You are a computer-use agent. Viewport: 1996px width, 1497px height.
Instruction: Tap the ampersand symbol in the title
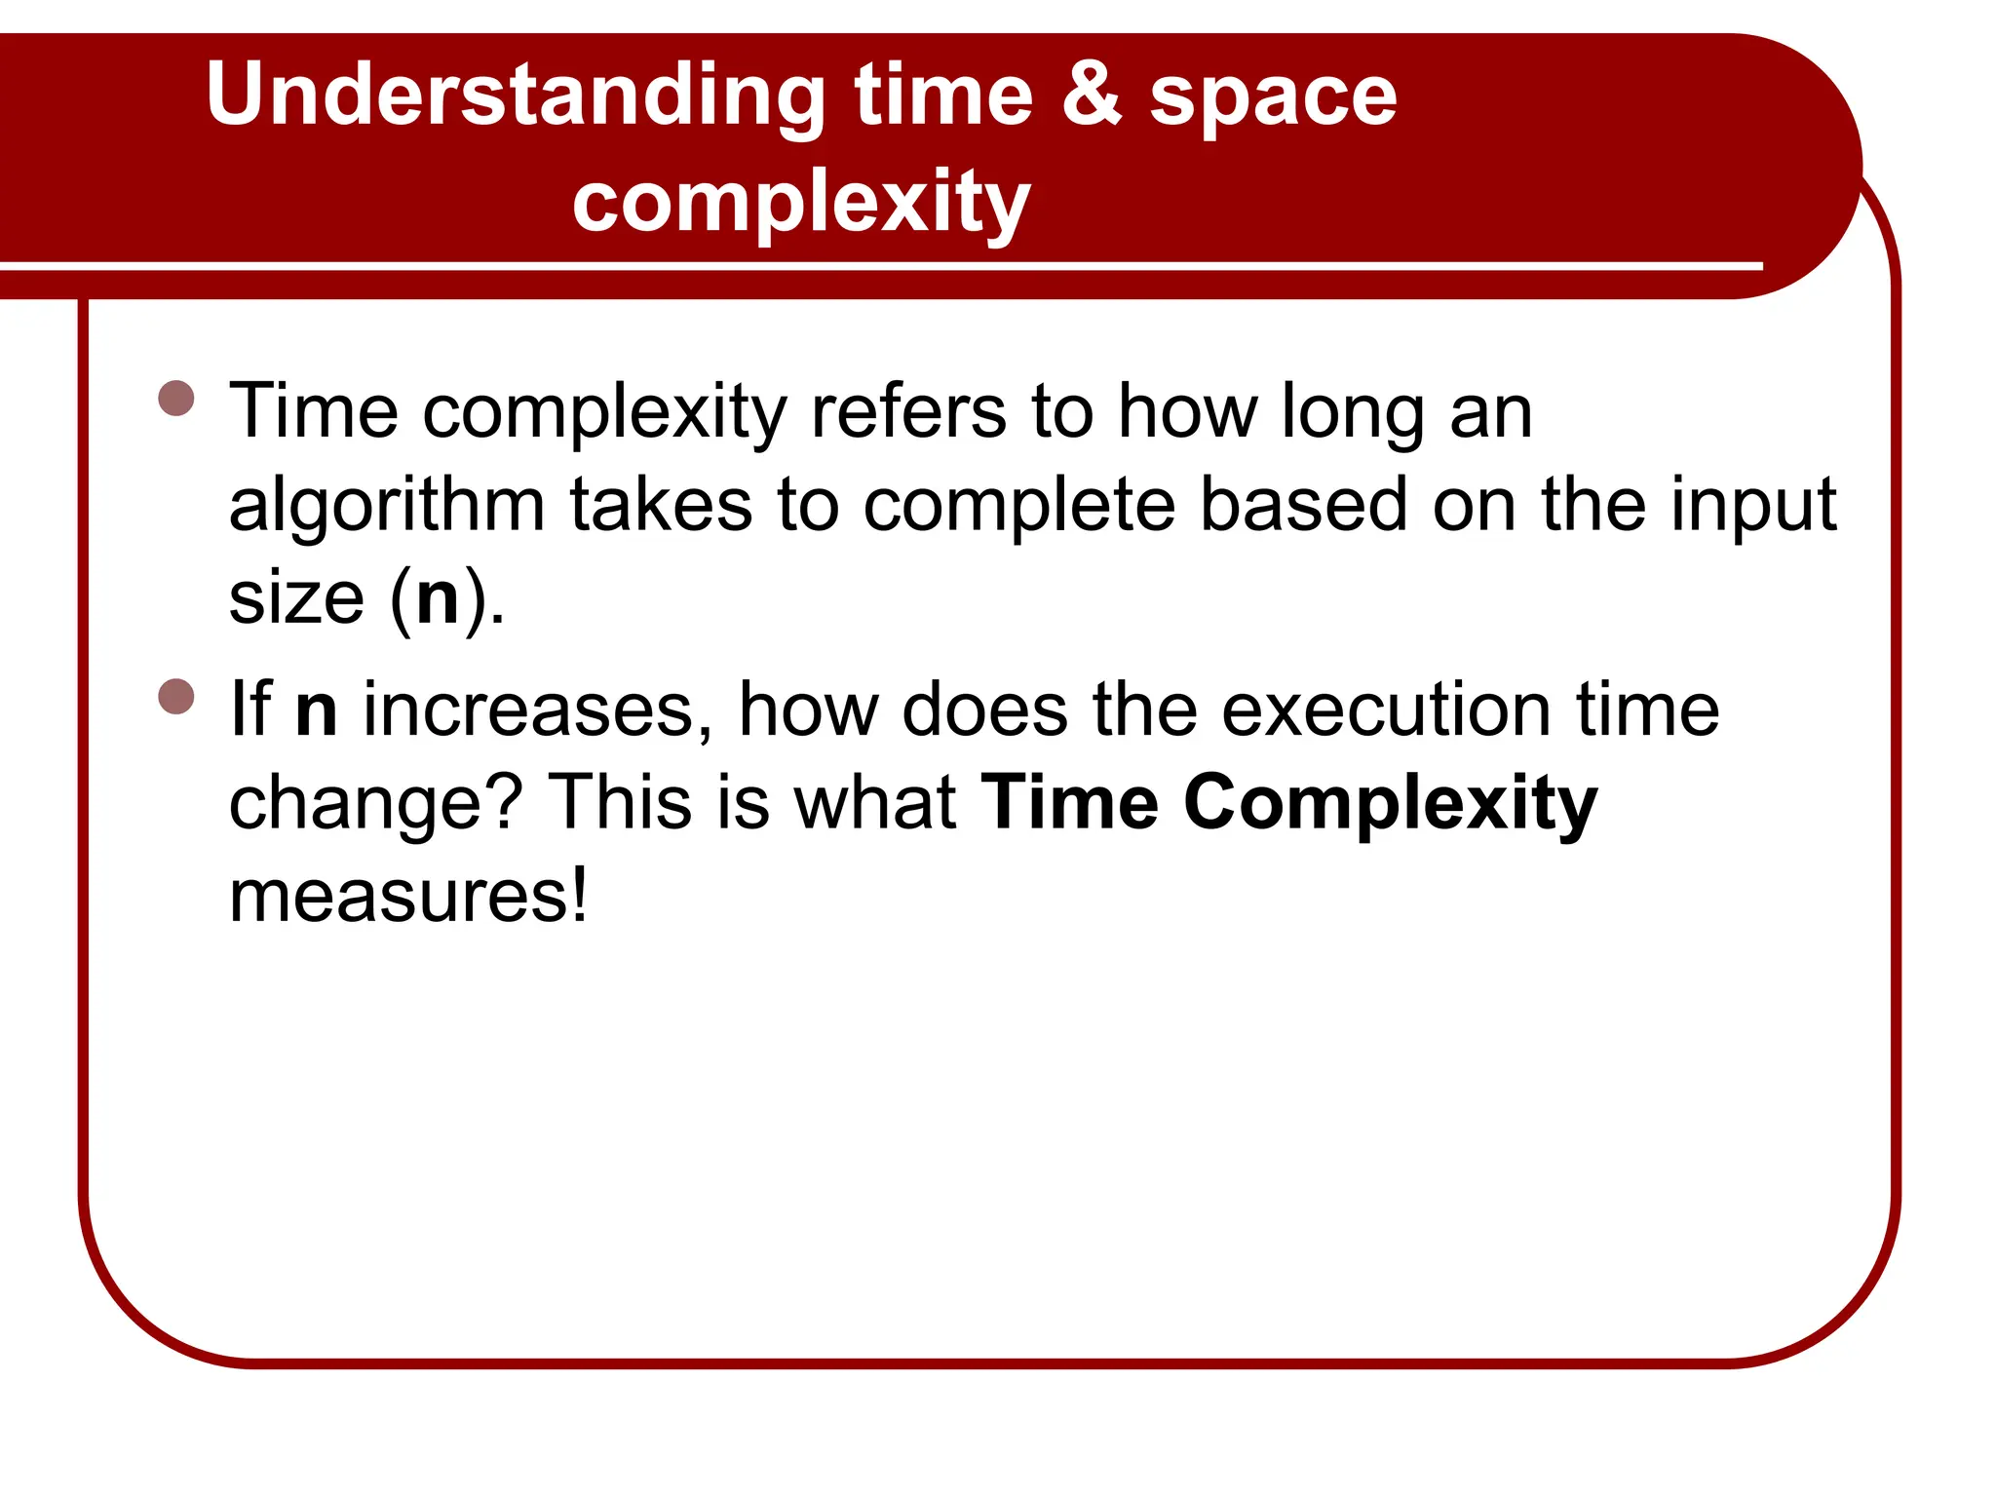pos(1092,95)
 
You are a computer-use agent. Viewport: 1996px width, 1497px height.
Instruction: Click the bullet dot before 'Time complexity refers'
pos(176,398)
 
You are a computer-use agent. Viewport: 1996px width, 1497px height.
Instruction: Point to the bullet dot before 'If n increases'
pos(176,696)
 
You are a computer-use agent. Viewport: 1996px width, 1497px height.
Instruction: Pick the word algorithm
pos(386,505)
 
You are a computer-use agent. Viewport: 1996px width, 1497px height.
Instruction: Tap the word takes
pos(661,505)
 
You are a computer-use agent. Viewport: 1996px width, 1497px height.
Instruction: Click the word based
pos(1303,505)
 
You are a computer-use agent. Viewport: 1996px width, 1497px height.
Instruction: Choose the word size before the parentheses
pos(296,597)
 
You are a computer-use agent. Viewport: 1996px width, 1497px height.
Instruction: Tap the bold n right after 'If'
pos(316,710)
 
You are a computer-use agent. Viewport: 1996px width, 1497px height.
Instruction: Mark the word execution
pos(1386,709)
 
